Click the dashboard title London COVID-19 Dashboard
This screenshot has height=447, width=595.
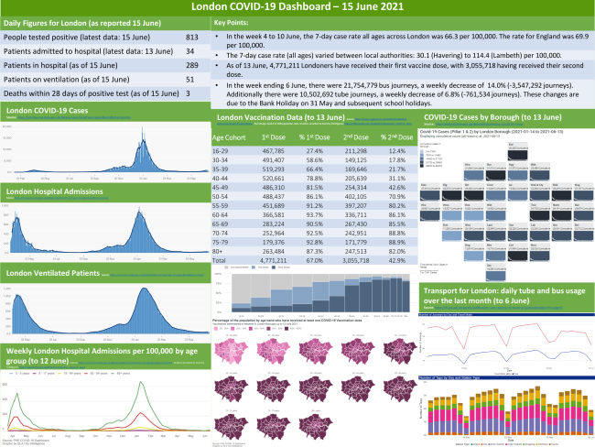click(x=297, y=6)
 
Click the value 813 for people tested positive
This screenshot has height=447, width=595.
click(x=191, y=38)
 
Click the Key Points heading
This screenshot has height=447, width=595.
click(x=236, y=20)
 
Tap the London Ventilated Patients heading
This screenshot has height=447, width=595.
click(x=51, y=272)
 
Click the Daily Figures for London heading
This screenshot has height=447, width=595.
click(x=57, y=20)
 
